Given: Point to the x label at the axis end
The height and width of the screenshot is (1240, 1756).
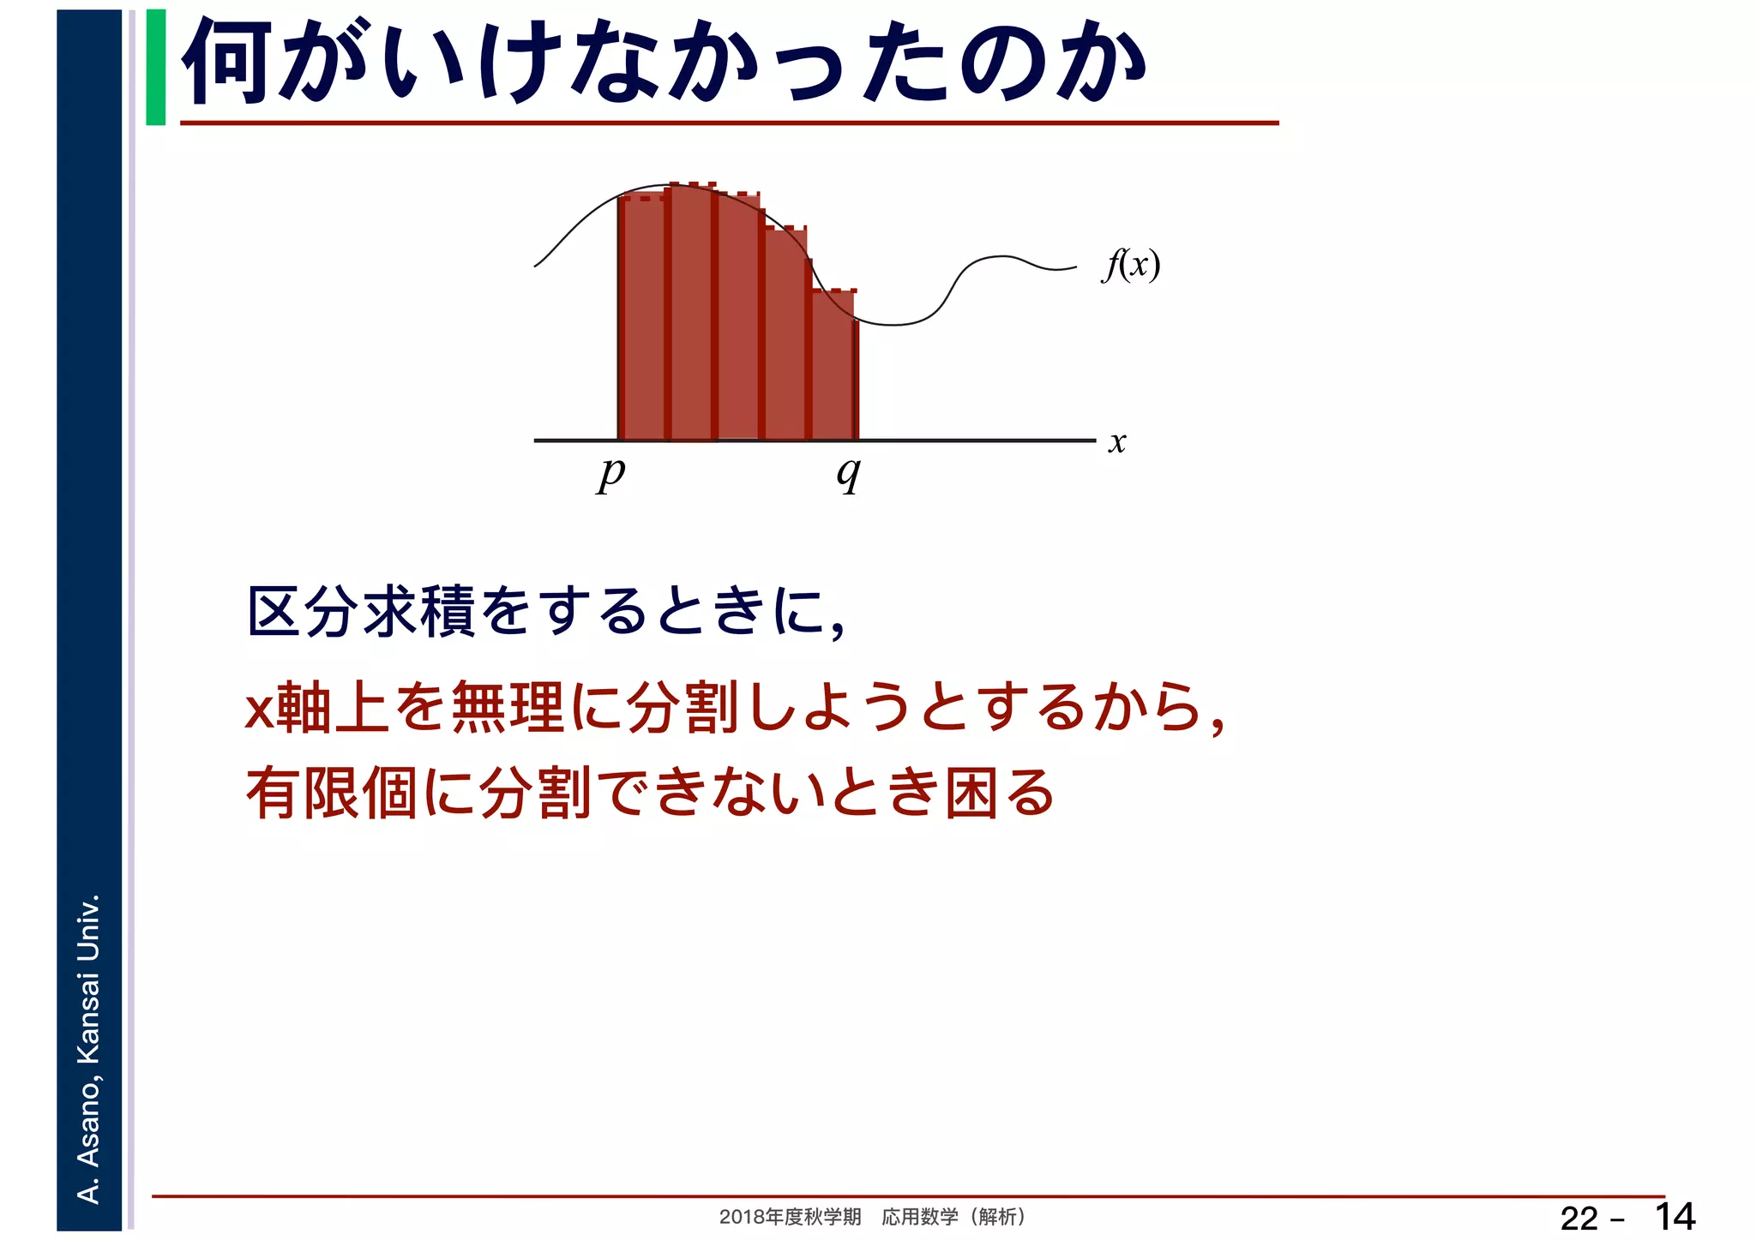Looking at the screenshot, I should pos(1116,442).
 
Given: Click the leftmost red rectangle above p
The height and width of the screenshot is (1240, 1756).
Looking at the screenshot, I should pos(642,317).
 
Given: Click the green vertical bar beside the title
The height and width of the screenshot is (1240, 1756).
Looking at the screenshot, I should pos(156,67).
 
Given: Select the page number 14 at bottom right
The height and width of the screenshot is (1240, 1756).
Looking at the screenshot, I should pos(1674,1216).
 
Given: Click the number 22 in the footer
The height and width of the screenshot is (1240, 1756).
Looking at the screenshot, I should pos(1579,1218).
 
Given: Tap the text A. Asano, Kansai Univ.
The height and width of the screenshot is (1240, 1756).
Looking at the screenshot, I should pos(89,1047).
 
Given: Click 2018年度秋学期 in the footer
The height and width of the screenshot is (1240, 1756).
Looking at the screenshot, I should pos(790,1217).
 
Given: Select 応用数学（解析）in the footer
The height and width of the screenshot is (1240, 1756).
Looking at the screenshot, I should pos(953,1217).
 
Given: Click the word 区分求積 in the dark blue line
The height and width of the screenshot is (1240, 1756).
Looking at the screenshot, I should pos(361,612).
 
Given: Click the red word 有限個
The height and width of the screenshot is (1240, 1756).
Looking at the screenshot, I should pos(332,793).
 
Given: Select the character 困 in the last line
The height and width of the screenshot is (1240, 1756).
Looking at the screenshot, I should pos(971,793).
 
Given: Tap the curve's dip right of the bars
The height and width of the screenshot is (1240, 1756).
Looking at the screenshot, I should pos(893,324).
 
